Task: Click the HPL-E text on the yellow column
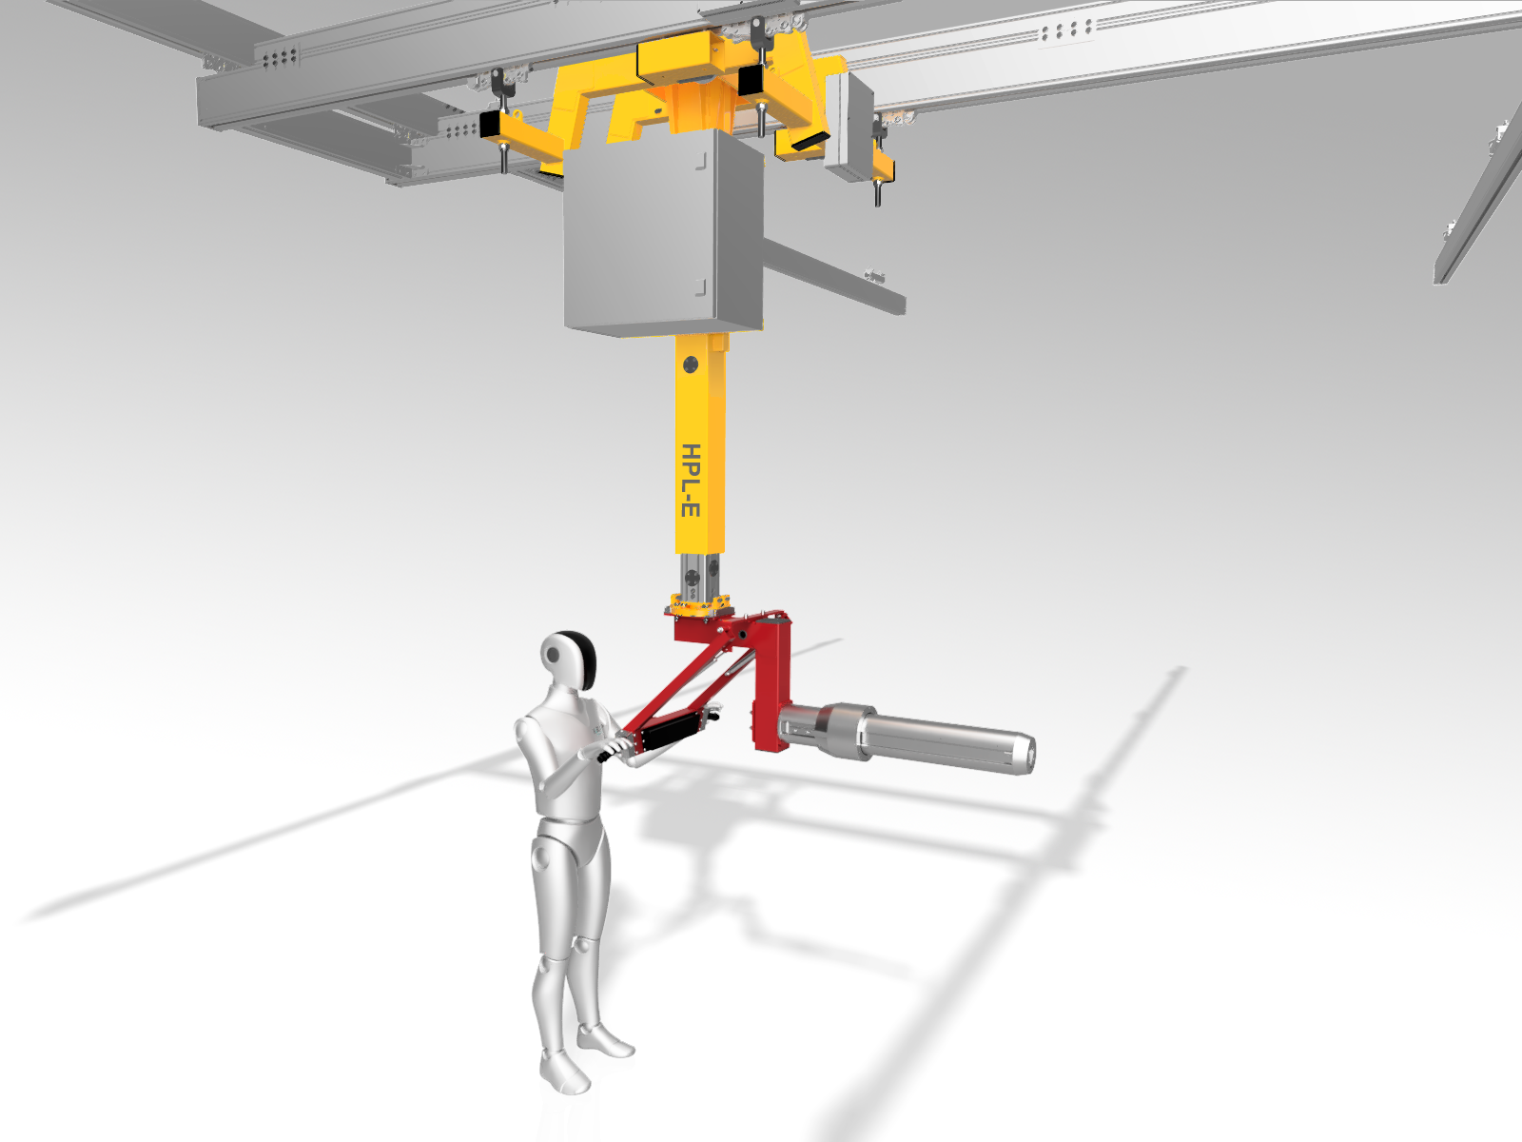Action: [692, 481]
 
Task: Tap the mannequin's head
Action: [568, 660]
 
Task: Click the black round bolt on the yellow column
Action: [691, 364]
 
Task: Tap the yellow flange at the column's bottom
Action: [700, 604]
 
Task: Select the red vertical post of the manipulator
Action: [771, 683]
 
